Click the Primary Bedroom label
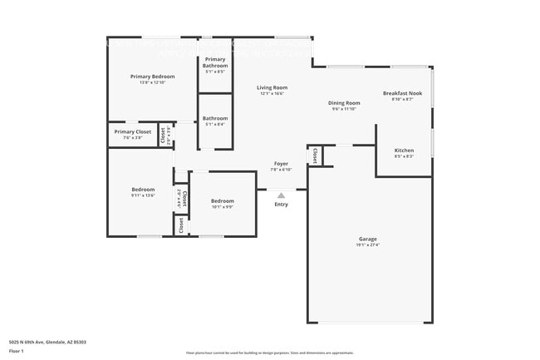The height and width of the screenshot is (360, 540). pos(152,76)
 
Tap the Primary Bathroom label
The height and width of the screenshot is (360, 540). pos(214,62)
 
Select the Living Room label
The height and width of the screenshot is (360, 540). pos(272,87)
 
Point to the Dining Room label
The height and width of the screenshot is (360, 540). pos(344,102)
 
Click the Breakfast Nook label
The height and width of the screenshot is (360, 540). pos(402,93)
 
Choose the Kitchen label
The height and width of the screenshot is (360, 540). pos(404,150)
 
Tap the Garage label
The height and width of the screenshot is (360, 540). pos(367,239)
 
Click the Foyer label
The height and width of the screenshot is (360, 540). pos(281,164)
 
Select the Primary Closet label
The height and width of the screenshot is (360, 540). pos(133,131)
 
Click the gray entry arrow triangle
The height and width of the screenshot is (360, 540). pos(281,195)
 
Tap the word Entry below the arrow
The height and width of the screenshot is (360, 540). pos(281,205)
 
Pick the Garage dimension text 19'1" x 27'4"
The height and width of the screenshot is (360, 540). pos(367,245)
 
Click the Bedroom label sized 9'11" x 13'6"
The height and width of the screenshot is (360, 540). pos(142,190)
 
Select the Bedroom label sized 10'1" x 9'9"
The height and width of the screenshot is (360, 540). pos(222,200)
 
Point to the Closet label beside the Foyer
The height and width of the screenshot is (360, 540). pos(313,155)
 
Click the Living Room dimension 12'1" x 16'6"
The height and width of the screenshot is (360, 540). pos(272,94)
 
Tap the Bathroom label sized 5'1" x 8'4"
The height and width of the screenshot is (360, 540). pos(214,118)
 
